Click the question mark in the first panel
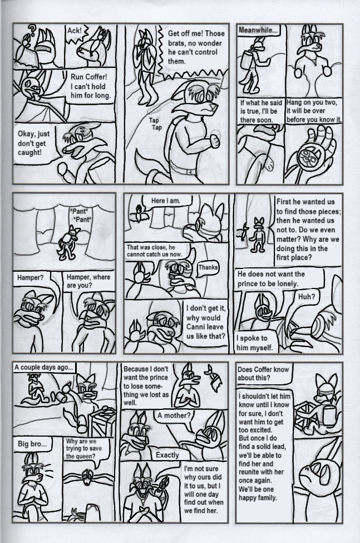click(32, 30)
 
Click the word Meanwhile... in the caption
click(258, 30)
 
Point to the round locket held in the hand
click(310, 160)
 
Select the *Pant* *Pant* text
click(80, 215)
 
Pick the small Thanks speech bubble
click(208, 268)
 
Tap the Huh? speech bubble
click(307, 296)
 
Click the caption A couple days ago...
click(44, 368)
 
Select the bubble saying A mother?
click(174, 416)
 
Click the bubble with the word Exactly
click(167, 455)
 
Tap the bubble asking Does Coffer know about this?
click(264, 373)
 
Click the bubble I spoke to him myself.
click(254, 343)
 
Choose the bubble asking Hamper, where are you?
click(89, 281)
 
